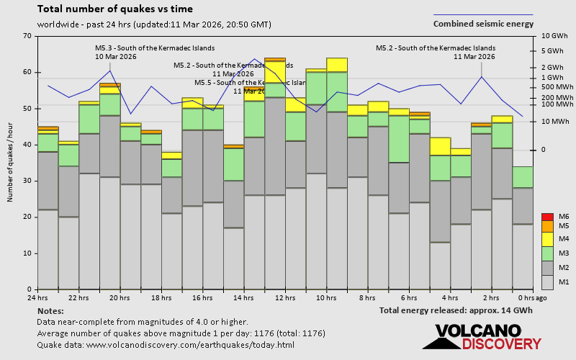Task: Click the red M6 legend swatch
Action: click(546, 217)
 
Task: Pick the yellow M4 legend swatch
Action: click(546, 238)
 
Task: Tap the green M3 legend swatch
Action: click(546, 253)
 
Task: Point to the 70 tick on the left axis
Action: click(27, 36)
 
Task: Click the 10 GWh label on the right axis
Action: click(554, 36)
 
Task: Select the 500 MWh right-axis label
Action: click(554, 87)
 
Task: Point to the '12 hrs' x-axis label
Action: click(285, 298)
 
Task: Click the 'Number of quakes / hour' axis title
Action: click(11, 162)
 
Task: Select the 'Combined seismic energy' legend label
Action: click(483, 24)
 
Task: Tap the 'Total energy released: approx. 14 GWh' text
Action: click(456, 310)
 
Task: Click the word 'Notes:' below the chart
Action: click(50, 310)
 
